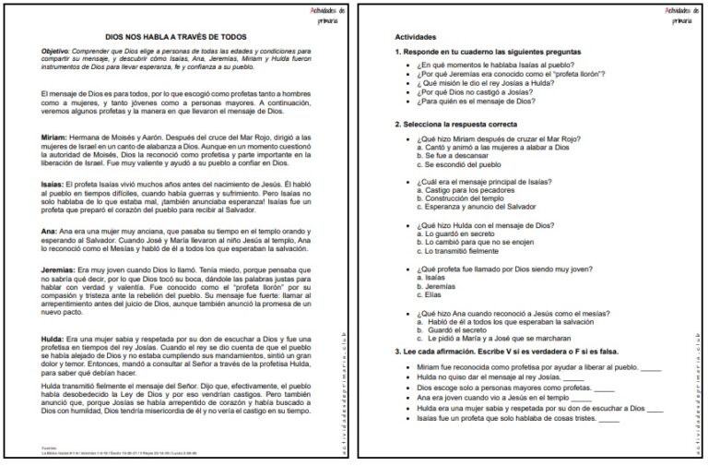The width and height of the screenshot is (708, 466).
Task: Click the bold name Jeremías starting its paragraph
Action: pyautogui.click(x=57, y=269)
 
